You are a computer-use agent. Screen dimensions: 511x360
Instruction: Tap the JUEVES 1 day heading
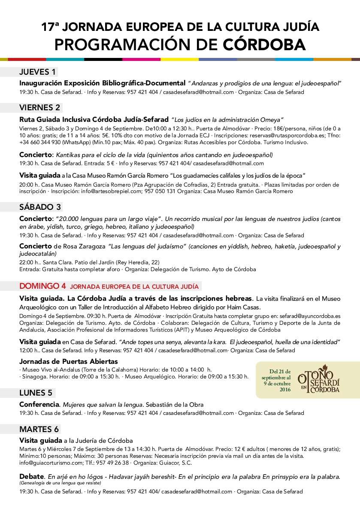[38, 72]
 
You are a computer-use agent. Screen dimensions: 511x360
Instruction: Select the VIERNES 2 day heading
[40, 107]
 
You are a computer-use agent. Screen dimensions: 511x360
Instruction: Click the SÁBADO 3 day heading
[40, 207]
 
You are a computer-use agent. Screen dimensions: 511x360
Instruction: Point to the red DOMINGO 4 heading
[43, 286]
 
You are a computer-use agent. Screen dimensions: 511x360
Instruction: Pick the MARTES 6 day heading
[39, 429]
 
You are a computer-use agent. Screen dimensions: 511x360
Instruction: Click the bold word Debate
[32, 476]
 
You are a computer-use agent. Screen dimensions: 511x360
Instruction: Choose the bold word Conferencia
[39, 404]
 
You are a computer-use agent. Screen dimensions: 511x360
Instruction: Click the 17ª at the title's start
[50, 27]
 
